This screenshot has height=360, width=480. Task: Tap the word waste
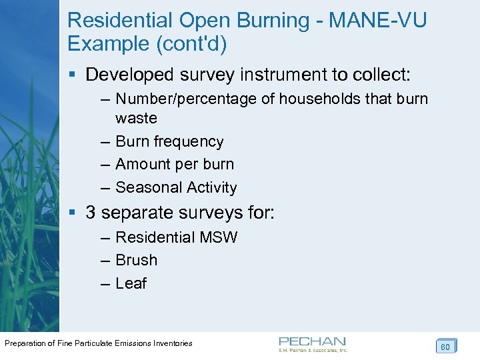136,119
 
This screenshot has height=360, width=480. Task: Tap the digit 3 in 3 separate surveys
91,213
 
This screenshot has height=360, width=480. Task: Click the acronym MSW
221,237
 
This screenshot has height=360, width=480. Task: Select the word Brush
136,260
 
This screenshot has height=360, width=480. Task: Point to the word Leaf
131,283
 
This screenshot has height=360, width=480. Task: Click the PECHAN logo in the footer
313,343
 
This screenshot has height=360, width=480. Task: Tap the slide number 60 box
445,347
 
